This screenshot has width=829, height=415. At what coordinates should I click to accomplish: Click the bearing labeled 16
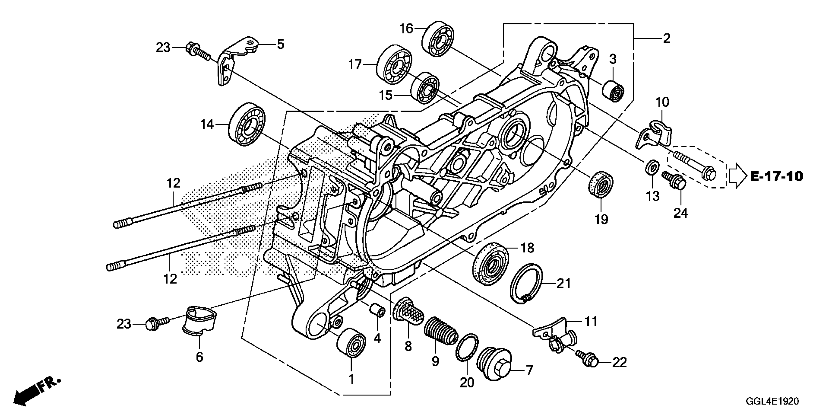point(438,40)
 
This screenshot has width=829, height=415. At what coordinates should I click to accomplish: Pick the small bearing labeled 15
point(425,88)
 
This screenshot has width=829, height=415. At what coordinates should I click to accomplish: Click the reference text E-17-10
point(776,176)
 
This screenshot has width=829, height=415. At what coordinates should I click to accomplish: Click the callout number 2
point(666,39)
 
